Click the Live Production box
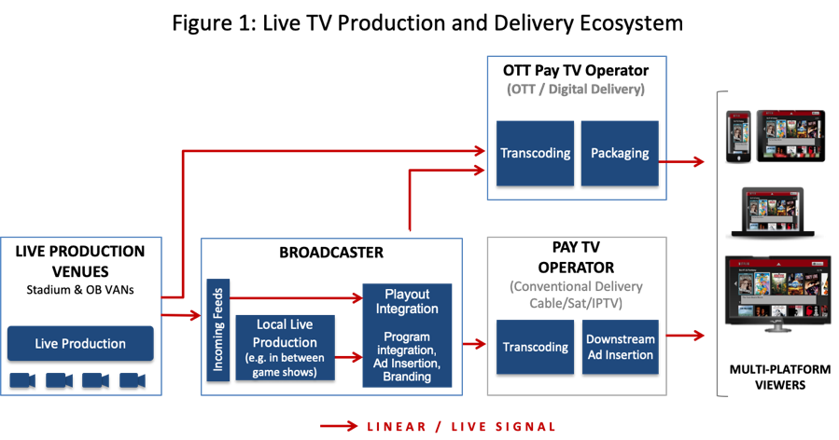click(x=80, y=343)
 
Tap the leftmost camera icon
click(x=23, y=379)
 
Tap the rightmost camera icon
click(x=133, y=379)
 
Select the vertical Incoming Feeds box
click(x=217, y=329)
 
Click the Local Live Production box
click(x=285, y=344)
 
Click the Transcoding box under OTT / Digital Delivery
click(x=535, y=153)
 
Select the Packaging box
click(x=620, y=153)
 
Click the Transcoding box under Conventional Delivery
click(x=535, y=347)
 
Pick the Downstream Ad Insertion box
click(x=620, y=347)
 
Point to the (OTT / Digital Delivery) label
click(x=576, y=90)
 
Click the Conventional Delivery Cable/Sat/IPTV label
click(x=576, y=295)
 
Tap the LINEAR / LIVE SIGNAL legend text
click(x=461, y=427)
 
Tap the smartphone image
click(x=738, y=137)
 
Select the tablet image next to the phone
click(x=790, y=136)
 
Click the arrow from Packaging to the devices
click(x=682, y=161)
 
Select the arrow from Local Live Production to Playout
click(x=348, y=356)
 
